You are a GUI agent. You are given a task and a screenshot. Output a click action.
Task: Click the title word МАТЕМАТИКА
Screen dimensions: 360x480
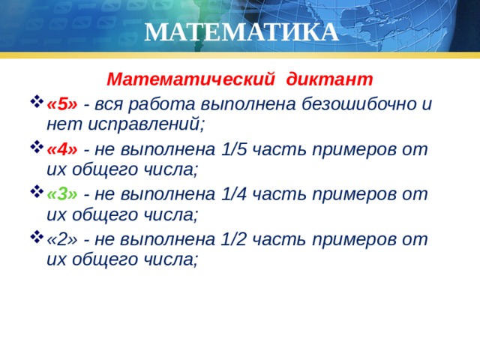pos(241,33)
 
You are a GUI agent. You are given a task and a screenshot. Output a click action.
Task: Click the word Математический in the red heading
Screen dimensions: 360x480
pos(191,79)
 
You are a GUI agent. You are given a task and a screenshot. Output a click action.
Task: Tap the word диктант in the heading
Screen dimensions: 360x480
pos(330,79)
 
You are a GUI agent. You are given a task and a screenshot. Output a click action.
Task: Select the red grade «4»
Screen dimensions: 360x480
pos(62,149)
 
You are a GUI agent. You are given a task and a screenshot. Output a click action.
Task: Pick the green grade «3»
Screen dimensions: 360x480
pos(62,194)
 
